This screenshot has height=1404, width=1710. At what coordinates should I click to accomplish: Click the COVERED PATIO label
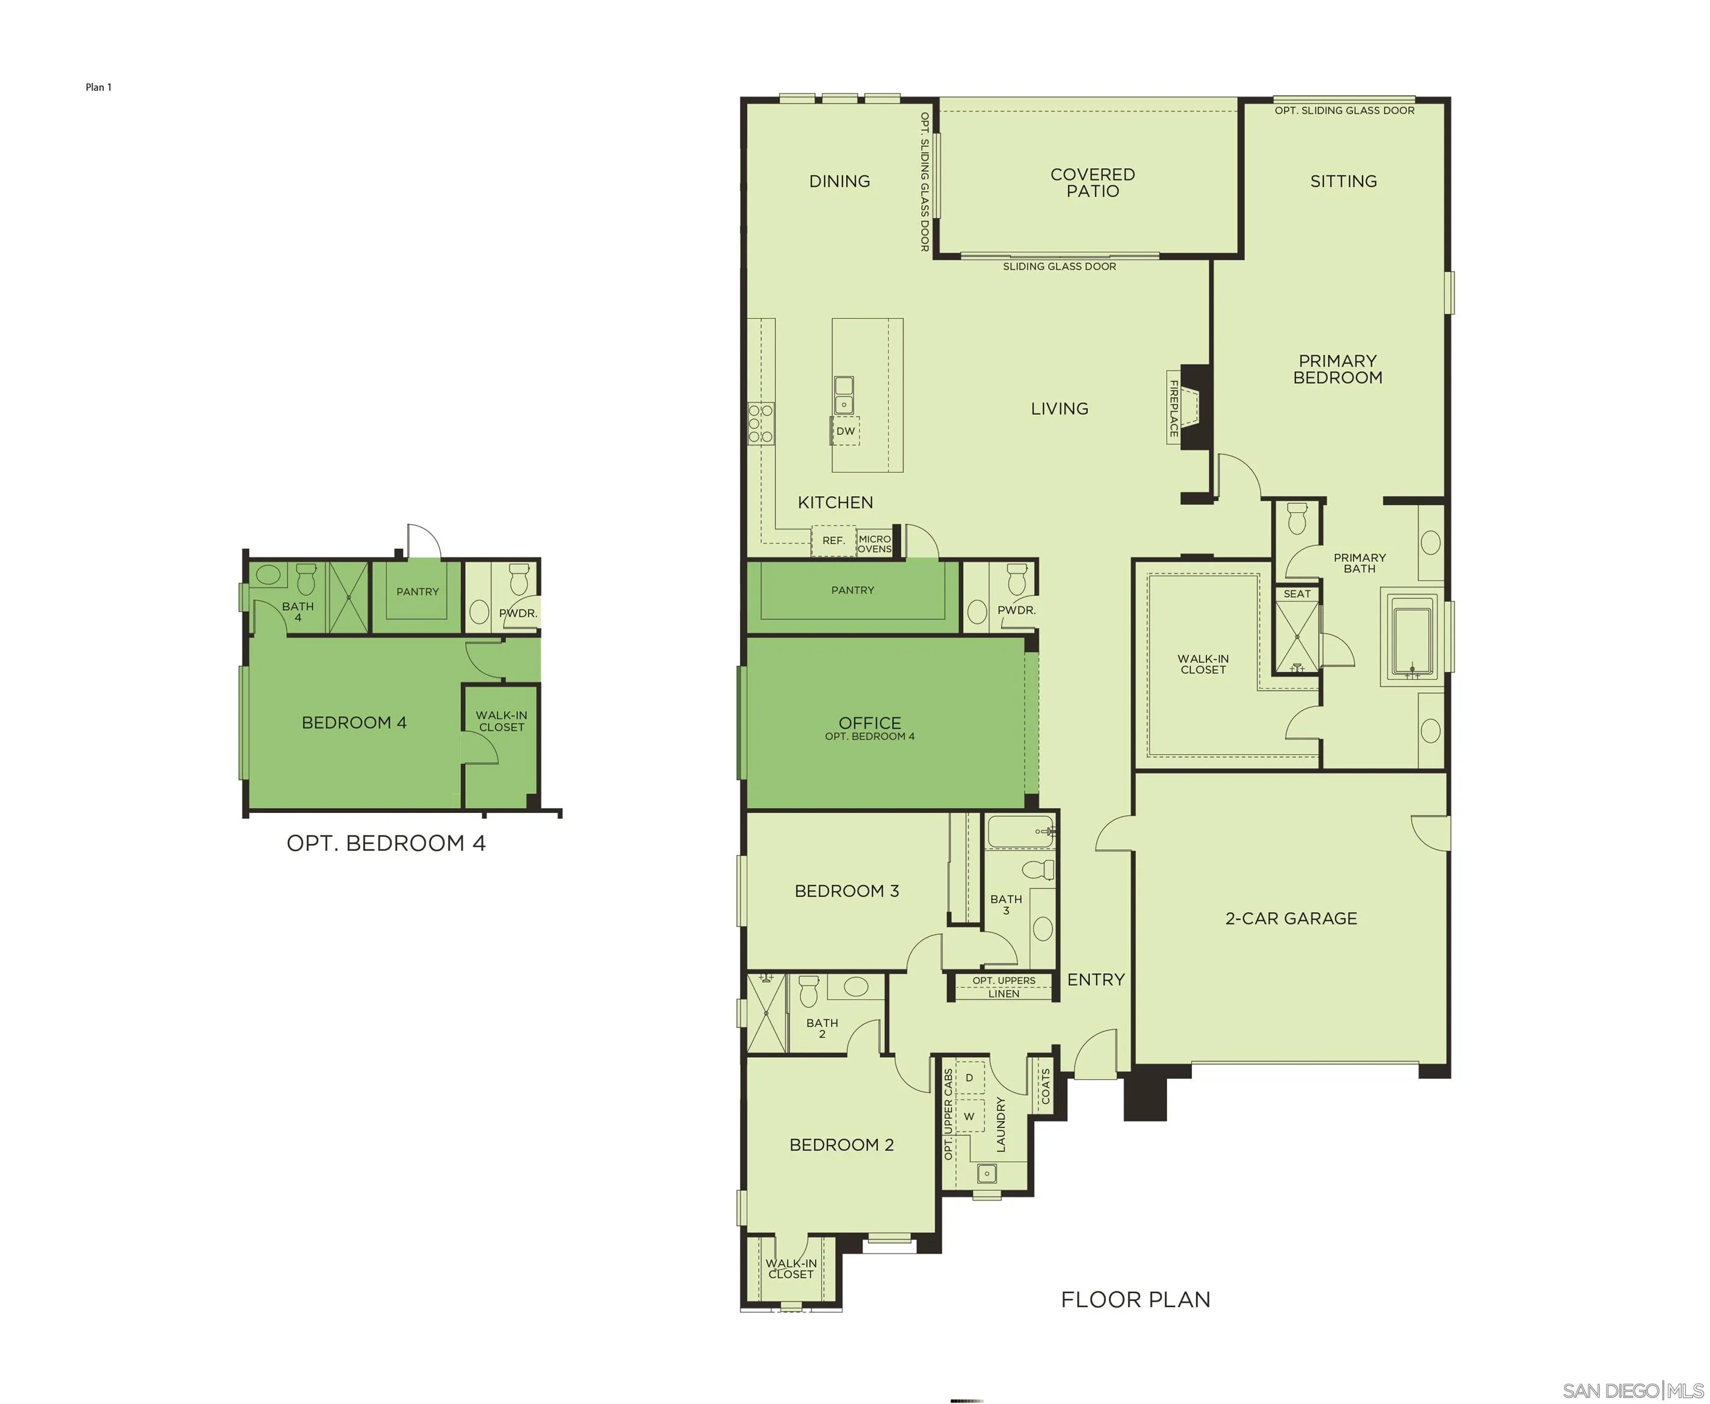pyautogui.click(x=1092, y=183)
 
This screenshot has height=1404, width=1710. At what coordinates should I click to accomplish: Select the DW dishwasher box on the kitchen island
pyautogui.click(x=846, y=431)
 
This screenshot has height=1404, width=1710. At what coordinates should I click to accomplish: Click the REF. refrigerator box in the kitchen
pyautogui.click(x=833, y=541)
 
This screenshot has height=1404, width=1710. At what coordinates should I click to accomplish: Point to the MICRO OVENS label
pyautogui.click(x=874, y=544)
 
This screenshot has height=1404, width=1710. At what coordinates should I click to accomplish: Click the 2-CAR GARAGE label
pyautogui.click(x=1291, y=918)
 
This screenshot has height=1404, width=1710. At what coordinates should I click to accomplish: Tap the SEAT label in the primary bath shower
pyautogui.click(x=1297, y=594)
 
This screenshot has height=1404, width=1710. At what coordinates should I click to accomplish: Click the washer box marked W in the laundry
pyautogui.click(x=969, y=1117)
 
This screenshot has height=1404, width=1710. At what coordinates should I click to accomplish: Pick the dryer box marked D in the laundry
pyautogui.click(x=969, y=1078)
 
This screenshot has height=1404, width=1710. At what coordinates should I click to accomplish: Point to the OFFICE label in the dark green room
pyautogui.click(x=869, y=723)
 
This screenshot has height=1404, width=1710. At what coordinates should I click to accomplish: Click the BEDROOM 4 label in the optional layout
pyautogui.click(x=354, y=722)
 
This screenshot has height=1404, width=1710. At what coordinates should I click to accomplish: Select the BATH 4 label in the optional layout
pyautogui.click(x=297, y=611)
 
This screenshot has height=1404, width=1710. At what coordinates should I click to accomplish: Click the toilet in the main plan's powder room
pyautogui.click(x=1017, y=579)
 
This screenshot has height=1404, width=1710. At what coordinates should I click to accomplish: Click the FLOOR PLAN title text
pyautogui.click(x=1135, y=1300)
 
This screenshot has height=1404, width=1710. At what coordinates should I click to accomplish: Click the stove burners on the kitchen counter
pyautogui.click(x=760, y=423)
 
